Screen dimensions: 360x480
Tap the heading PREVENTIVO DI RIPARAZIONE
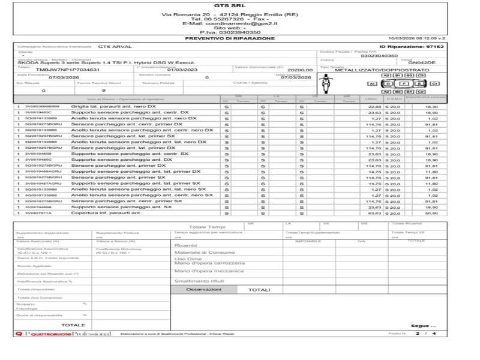pyautogui.click(x=221, y=38)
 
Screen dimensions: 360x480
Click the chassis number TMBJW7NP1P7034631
pyautogui.click(x=59, y=70)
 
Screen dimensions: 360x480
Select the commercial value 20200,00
pyautogui.click(x=300, y=70)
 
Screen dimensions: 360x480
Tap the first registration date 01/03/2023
pyautogui.click(x=177, y=70)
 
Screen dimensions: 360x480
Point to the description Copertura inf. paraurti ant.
pyautogui.click(x=106, y=212)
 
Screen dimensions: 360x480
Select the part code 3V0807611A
pyautogui.click(x=38, y=213)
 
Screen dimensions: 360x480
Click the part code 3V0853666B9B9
pyautogui.click(x=41, y=106)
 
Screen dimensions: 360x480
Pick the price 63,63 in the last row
pyautogui.click(x=374, y=213)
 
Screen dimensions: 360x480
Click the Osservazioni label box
pyautogui.click(x=203, y=289)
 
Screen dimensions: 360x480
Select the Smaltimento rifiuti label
pyautogui.click(x=199, y=281)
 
